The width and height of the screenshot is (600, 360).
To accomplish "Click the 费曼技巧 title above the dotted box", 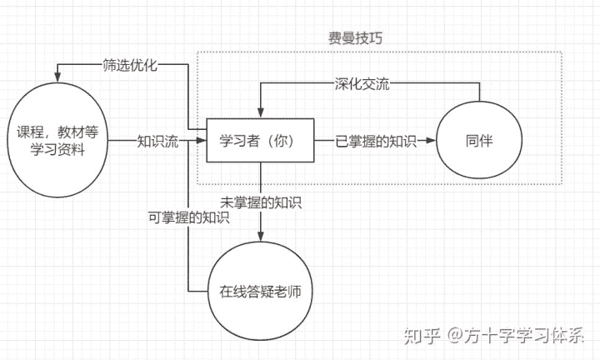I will point(356,38).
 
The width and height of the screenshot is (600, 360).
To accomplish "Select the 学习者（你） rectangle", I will point(261,142).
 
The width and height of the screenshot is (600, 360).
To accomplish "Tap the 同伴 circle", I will point(479,142).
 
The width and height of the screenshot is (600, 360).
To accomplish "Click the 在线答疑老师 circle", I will point(260,292).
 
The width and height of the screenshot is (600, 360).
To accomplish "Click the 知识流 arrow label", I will point(159,142).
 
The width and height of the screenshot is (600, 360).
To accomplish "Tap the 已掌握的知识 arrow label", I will point(374,142).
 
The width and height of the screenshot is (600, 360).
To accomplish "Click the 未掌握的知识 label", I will point(261,202).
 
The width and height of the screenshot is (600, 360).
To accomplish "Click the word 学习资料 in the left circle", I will point(58,149).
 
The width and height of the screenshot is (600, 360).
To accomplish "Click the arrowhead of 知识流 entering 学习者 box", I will point(202,142).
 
